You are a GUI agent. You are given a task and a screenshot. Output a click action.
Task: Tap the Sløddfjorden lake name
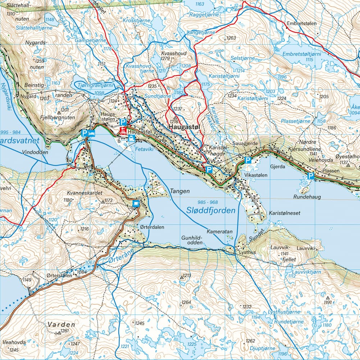(211, 211)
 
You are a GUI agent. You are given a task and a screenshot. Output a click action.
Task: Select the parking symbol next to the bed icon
(85, 133)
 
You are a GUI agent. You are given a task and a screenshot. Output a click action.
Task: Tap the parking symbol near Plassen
(311, 176)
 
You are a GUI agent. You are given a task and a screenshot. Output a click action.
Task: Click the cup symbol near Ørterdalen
(136, 204)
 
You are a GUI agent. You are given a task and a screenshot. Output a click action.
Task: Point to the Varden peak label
(61, 324)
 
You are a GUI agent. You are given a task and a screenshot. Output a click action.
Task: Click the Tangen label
(179, 192)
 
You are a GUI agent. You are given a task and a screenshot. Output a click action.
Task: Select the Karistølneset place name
(284, 213)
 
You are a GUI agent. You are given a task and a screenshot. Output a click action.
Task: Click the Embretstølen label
(301, 23)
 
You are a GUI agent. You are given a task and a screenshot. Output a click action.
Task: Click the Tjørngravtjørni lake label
(95, 86)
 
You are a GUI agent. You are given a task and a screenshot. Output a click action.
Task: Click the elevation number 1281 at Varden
(65, 331)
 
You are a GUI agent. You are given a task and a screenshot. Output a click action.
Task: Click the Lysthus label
(247, 252)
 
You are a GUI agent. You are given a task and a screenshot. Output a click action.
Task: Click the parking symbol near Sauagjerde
(248, 160)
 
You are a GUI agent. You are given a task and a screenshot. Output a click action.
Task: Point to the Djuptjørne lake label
(263, 348)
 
